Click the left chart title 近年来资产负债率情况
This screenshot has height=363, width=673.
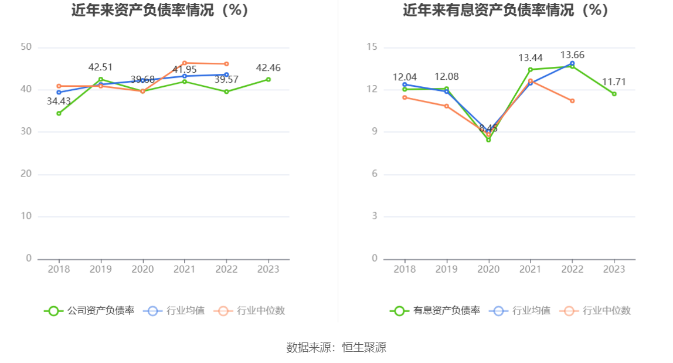pos(159,10)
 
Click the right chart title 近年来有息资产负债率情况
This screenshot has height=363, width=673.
pos(505,10)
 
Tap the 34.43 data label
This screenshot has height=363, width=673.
pos(59,101)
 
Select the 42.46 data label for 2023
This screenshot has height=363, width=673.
pos(268,67)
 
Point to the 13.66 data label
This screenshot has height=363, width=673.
pos(572,55)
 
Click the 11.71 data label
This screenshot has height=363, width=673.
pos(614,82)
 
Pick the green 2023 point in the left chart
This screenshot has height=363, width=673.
pos(268,79)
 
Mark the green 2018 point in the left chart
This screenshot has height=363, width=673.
pos(59,113)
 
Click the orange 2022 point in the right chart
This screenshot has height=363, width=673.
pos(572,101)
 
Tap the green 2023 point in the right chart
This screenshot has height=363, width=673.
pos(614,94)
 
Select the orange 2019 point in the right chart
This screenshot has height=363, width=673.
pos(447,106)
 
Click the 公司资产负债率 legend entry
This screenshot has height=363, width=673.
pos(89,311)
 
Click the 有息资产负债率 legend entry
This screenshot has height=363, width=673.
pos(435,311)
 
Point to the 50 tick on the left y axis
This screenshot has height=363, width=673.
pos(26,47)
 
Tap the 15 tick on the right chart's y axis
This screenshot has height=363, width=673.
pos(372,47)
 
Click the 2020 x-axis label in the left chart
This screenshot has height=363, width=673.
pos(142,269)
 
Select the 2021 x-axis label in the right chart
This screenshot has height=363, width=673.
pos(531,269)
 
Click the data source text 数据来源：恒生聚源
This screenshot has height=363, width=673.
pos(336,347)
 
